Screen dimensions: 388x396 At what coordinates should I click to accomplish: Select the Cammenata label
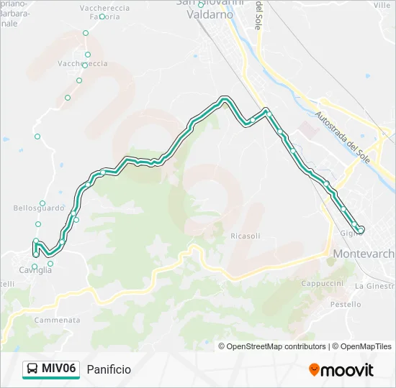point(57,320)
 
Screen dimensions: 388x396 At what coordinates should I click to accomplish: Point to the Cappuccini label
point(322,283)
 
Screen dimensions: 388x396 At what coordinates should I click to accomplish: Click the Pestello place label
point(345,305)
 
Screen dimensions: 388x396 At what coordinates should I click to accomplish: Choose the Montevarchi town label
point(364,254)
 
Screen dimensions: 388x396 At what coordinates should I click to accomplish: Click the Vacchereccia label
point(84,64)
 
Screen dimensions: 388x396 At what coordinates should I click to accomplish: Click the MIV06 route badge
point(50,369)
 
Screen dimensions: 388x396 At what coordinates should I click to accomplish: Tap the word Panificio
point(109,369)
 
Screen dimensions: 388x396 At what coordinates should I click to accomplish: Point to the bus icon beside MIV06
point(32,369)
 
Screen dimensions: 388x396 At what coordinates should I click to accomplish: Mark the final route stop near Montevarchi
point(361,229)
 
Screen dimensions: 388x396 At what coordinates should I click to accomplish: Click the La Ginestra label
point(374,286)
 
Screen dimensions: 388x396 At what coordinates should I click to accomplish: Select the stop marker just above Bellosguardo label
point(42,203)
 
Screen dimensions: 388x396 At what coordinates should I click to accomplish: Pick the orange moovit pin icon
point(314,370)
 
